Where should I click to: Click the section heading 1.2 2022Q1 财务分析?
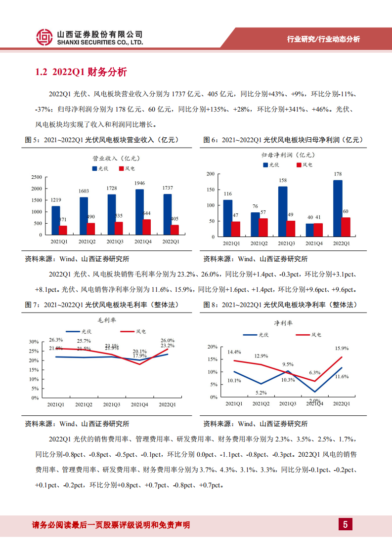click(81, 73)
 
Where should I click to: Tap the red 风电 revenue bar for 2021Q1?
click(63, 230)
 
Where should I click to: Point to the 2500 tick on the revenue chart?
click(37, 177)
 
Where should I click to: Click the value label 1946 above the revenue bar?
click(139, 183)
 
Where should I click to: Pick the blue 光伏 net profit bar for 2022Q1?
click(338, 208)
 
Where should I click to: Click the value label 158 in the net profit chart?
click(282, 180)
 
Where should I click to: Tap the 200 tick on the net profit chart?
click(210, 174)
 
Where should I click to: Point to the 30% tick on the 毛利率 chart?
click(34, 342)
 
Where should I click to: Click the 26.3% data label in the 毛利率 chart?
click(56, 340)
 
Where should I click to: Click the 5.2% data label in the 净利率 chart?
click(261, 393)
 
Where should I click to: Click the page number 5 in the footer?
click(345, 524)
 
